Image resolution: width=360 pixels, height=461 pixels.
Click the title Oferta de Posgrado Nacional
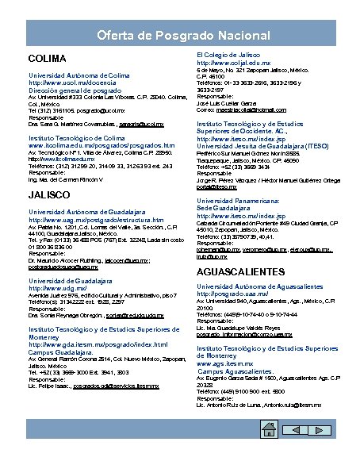tap(179, 36)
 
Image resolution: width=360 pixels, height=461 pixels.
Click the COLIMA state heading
tap(46, 60)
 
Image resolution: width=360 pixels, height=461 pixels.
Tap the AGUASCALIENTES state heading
tap(240, 271)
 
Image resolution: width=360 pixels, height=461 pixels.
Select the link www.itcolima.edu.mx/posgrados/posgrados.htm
tap(101, 146)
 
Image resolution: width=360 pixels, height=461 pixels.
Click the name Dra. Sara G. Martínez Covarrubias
tap(77, 125)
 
